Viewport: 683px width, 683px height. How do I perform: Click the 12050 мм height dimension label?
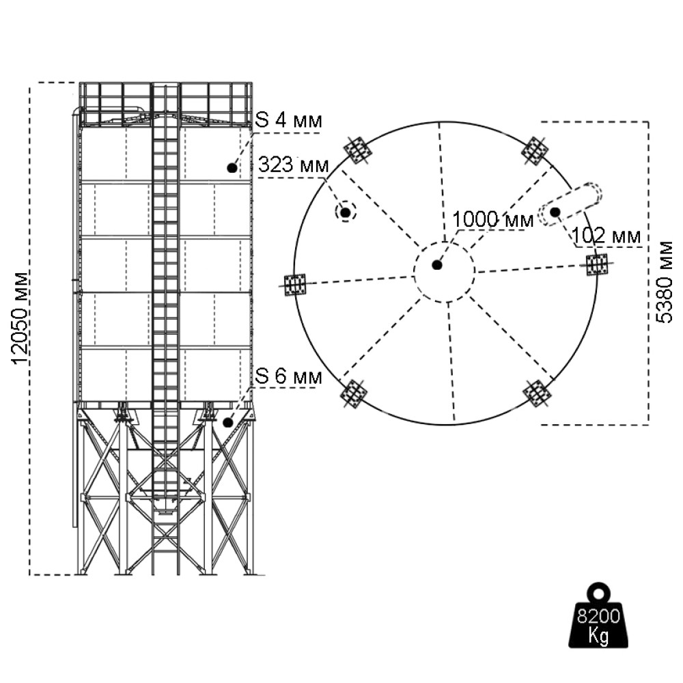21,318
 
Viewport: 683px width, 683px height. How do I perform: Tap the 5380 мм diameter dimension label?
664,281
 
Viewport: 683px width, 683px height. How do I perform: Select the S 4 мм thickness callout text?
288,121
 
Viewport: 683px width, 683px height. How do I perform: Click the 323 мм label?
293,165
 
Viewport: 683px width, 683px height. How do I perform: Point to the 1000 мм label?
492,219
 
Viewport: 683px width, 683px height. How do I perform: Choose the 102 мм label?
607,236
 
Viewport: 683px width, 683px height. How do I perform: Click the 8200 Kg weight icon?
598,617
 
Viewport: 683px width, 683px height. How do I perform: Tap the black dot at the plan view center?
437,264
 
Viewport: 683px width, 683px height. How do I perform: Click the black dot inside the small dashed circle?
346,213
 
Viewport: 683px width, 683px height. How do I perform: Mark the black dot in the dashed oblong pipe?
555,212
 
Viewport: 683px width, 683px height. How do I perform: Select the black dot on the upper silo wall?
232,167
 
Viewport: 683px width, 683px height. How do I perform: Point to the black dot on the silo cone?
227,422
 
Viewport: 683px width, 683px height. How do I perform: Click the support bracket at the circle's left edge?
296,284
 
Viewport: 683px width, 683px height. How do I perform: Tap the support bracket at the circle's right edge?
598,264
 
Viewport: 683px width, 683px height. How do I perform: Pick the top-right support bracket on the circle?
536,150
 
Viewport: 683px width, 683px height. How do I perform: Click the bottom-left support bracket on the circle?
353,393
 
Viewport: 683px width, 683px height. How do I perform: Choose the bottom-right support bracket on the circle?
537,393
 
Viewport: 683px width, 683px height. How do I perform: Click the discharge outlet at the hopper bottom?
165,509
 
